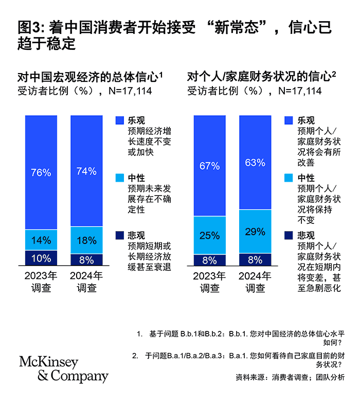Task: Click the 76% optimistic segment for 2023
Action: pos(41,172)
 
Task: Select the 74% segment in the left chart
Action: pos(86,171)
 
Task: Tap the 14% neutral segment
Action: pos(41,240)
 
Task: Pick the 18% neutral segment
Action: pos(86,240)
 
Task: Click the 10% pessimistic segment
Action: pos(41,258)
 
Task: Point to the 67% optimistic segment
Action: pos(210,165)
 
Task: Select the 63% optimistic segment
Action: pos(255,163)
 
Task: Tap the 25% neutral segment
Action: pos(210,235)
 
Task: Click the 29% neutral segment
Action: pos(255,232)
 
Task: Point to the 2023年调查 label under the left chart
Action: pos(41,282)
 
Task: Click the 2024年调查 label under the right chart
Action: pos(255,282)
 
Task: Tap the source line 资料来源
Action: pos(290,377)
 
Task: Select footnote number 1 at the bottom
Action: pos(139,334)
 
